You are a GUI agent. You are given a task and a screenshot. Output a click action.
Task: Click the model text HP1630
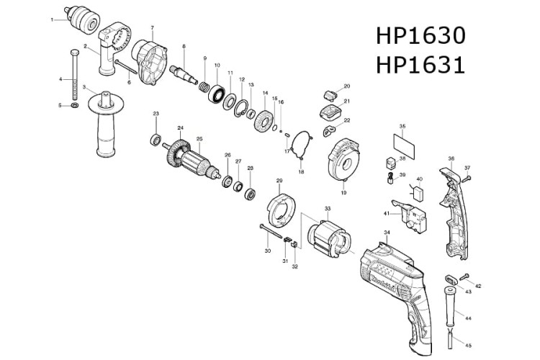point(420,36)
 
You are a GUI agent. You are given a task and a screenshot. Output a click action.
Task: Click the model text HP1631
point(420,66)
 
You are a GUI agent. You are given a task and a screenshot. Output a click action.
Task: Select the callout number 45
point(468,344)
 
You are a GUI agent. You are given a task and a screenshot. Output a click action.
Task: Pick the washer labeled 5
point(74,106)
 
